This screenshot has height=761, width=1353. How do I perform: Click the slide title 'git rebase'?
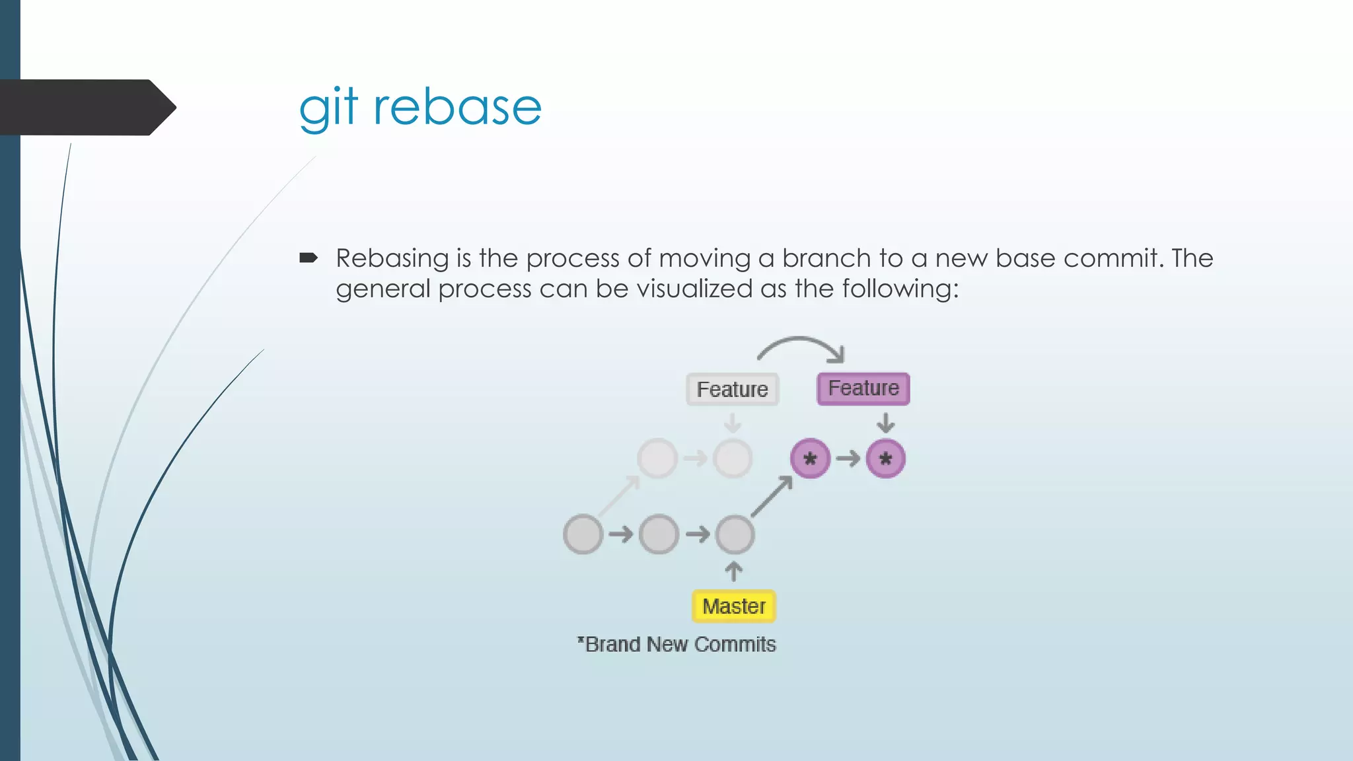(420, 107)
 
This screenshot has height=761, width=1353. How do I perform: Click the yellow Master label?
(733, 606)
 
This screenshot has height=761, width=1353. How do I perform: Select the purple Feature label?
(863, 388)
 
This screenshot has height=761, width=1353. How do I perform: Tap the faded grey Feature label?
(732, 390)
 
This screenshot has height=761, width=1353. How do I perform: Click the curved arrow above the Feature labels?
(801, 344)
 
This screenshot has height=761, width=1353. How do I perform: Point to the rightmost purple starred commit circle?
(885, 458)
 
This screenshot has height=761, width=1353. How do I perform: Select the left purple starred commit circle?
(810, 458)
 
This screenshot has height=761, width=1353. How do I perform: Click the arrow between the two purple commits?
(848, 458)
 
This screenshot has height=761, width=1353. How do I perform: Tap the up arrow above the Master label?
(733, 571)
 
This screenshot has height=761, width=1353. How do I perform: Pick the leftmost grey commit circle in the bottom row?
(583, 534)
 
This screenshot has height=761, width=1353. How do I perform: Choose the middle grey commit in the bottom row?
(659, 534)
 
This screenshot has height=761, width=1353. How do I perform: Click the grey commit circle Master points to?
(735, 534)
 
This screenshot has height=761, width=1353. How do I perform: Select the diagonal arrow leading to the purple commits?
(772, 497)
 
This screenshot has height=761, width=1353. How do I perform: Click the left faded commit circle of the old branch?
(657, 458)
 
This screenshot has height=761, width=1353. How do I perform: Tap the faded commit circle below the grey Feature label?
(733, 458)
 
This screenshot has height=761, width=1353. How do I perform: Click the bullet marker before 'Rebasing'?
(309, 258)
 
